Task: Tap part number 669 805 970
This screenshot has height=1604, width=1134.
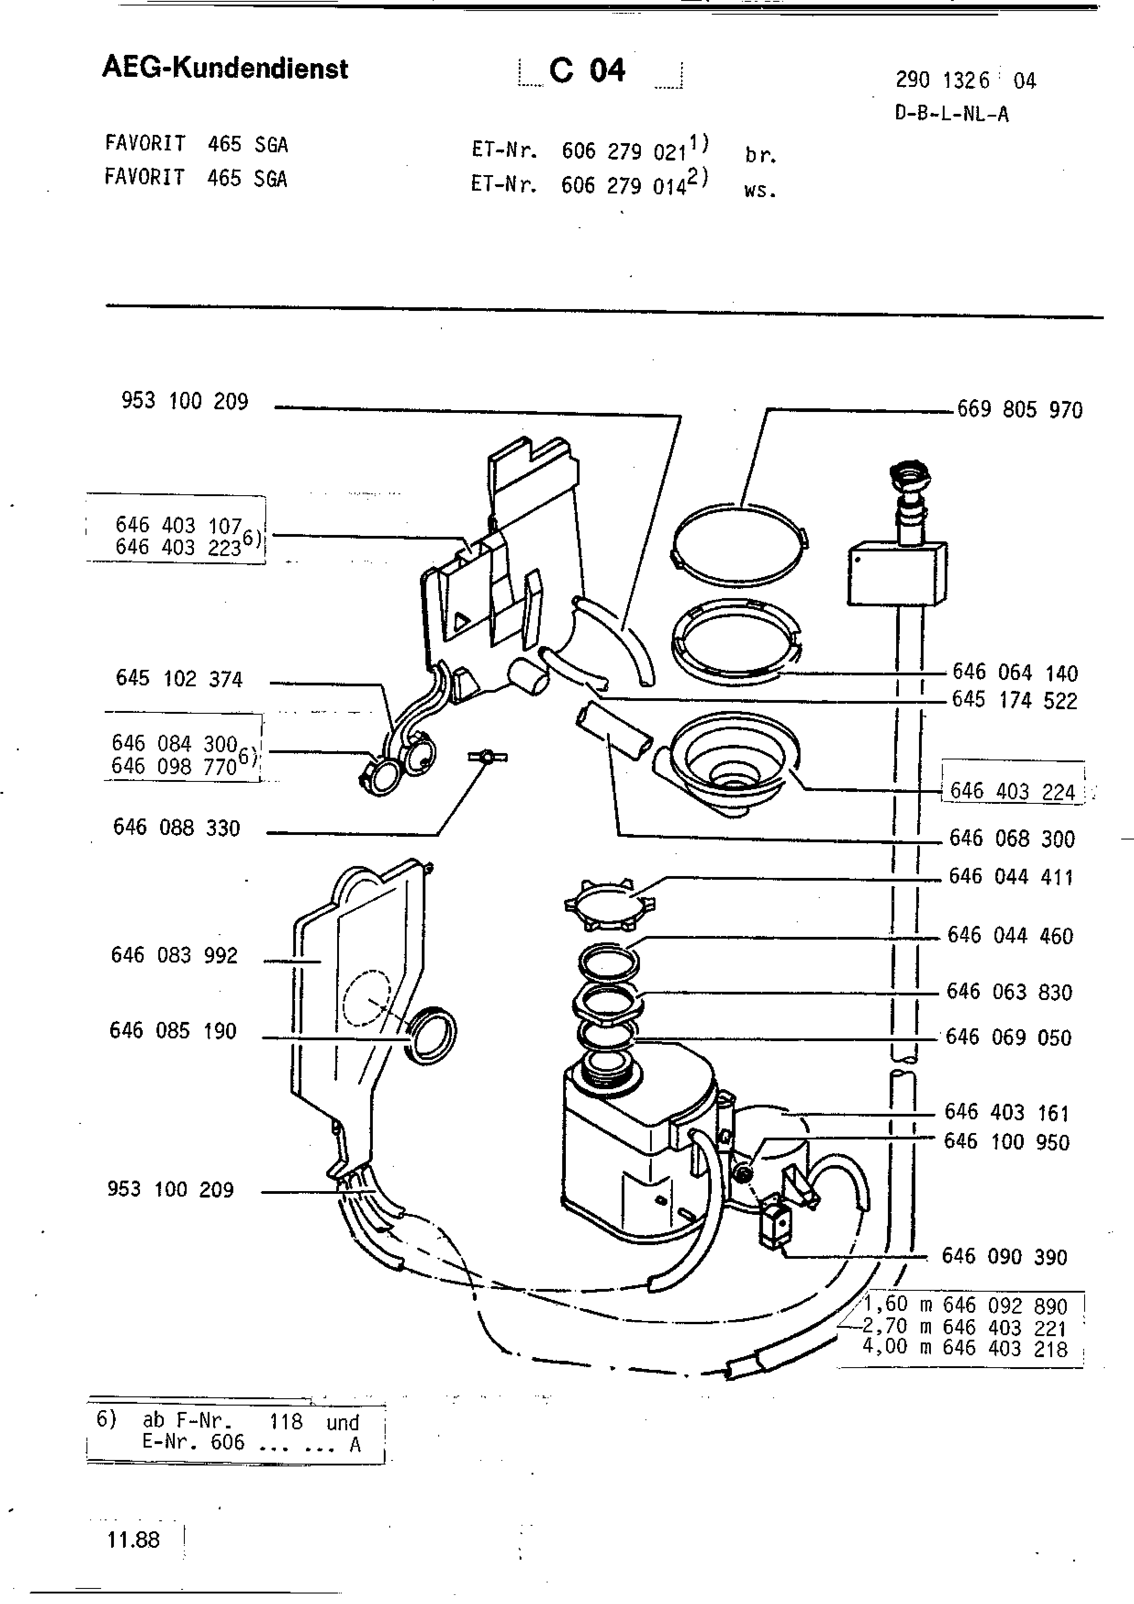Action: click(1020, 409)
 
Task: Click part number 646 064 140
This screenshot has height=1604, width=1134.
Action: click(1015, 673)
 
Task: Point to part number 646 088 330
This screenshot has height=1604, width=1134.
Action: click(177, 828)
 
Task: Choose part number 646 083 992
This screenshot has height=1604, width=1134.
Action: click(175, 955)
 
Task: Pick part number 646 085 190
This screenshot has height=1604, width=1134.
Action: click(173, 1031)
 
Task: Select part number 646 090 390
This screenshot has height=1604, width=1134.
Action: click(1005, 1257)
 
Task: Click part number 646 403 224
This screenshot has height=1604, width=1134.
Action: click(1012, 791)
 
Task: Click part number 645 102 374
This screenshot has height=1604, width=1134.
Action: click(179, 679)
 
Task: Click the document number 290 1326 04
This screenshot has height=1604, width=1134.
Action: click(966, 81)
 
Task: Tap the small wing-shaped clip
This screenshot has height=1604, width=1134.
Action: click(487, 757)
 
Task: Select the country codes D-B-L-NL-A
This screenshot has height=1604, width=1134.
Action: click(951, 114)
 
